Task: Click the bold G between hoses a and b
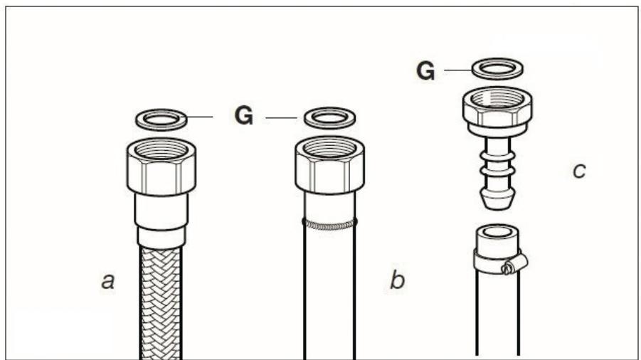coord(244,116)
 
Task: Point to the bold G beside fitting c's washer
coord(425,71)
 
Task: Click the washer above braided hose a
coord(161,119)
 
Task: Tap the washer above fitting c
coord(497,69)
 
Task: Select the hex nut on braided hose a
coord(161,166)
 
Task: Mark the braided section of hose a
coord(161,299)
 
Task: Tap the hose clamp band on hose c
coord(497,263)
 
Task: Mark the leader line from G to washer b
coord(282,116)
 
